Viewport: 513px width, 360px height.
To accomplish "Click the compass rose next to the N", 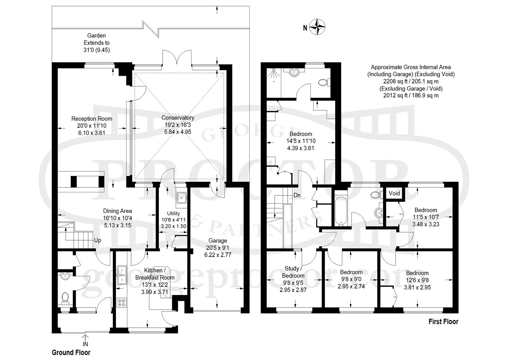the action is coord(317,27).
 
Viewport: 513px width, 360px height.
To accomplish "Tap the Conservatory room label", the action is coord(178,117).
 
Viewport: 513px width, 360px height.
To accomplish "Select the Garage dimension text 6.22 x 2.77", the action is coord(218,255).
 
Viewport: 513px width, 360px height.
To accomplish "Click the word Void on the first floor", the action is coord(394,193).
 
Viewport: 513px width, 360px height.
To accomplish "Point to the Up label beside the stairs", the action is coord(98,241).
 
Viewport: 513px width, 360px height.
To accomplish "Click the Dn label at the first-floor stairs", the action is coord(297,195).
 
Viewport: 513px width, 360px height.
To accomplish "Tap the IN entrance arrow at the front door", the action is coord(85,338).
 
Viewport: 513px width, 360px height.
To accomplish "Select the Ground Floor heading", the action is coord(71,352).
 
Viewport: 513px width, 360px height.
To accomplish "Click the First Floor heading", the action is coord(443,322).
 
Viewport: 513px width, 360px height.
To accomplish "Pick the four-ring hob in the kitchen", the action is coord(121,302).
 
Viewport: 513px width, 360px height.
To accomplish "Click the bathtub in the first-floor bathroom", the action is coord(341,211).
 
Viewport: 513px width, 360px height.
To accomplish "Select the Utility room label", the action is coord(173,213).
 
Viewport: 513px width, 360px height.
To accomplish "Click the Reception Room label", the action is coord(92,119).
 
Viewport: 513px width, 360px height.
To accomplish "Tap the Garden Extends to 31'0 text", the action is coord(97,43).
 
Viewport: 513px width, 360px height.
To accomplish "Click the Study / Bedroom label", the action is coord(293,272).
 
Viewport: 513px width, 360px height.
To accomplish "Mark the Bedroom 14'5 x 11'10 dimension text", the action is coord(301,141).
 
